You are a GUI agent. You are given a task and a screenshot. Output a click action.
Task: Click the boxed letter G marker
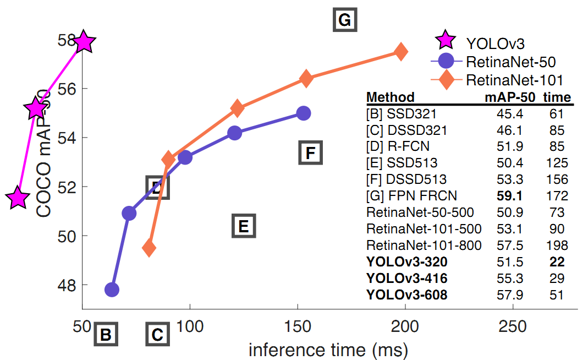tap(345, 20)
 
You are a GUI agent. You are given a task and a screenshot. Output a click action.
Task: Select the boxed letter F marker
tap(310, 152)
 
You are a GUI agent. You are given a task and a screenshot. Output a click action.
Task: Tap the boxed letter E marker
tap(244, 226)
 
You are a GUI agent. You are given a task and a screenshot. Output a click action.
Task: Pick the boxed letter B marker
tap(106, 334)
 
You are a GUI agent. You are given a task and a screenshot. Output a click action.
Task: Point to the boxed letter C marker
tap(157, 334)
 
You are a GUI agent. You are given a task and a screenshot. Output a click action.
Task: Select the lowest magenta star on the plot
tap(18, 198)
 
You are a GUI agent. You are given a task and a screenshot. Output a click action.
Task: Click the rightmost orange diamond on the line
tap(401, 52)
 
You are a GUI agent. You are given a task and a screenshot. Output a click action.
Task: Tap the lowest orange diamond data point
tap(149, 248)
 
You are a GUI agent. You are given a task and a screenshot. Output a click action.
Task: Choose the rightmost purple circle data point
tap(304, 113)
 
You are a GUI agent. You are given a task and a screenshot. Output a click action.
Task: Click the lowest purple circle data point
tap(112, 290)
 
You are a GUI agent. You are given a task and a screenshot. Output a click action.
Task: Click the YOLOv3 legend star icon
tap(444, 40)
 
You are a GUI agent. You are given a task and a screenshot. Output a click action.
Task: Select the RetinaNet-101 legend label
tap(514, 80)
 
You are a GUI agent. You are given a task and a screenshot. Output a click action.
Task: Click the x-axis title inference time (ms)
tap(329, 350)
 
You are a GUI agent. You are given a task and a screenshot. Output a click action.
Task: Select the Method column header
tap(390, 98)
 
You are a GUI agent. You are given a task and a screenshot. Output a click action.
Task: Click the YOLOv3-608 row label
tap(406, 296)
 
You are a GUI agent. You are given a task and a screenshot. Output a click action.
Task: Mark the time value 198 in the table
tap(557, 245)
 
